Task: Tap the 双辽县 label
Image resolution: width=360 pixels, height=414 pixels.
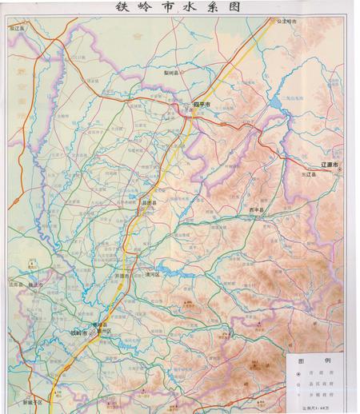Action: click(18, 27)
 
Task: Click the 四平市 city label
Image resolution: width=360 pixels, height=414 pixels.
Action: click(201, 104)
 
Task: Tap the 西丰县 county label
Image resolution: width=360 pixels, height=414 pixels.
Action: click(255, 209)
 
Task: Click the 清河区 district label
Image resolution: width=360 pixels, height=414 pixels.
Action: click(153, 274)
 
